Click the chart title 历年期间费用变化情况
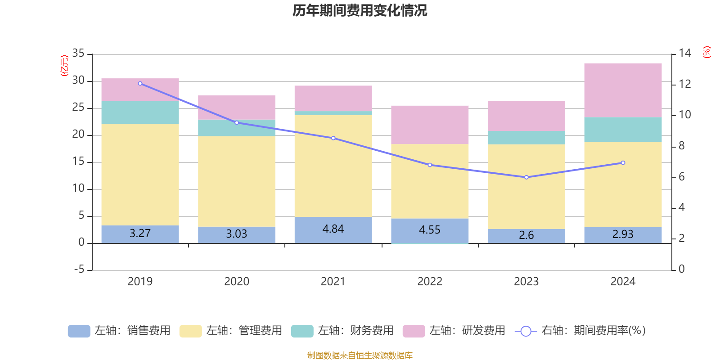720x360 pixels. (x=360, y=10)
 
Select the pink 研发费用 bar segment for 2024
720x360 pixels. (x=623, y=90)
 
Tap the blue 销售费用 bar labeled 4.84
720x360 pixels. (x=333, y=229)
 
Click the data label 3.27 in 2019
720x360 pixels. (x=140, y=234)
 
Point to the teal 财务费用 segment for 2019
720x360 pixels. (x=140, y=112)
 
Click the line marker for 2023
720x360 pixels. (x=526, y=177)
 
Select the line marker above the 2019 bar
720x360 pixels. (x=140, y=83)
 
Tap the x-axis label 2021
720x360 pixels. (x=333, y=282)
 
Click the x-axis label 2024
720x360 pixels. (x=623, y=282)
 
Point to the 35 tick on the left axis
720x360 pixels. (x=78, y=53)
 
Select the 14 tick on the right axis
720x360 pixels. (x=685, y=53)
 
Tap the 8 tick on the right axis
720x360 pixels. (x=682, y=146)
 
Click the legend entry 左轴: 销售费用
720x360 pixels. (x=120, y=331)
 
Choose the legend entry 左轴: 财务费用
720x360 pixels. (x=342, y=331)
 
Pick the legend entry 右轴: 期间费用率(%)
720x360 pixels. (x=580, y=331)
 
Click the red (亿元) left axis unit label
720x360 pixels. (x=64, y=66)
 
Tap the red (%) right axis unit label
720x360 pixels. (x=707, y=52)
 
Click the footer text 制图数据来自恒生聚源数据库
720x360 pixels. (x=360, y=355)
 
